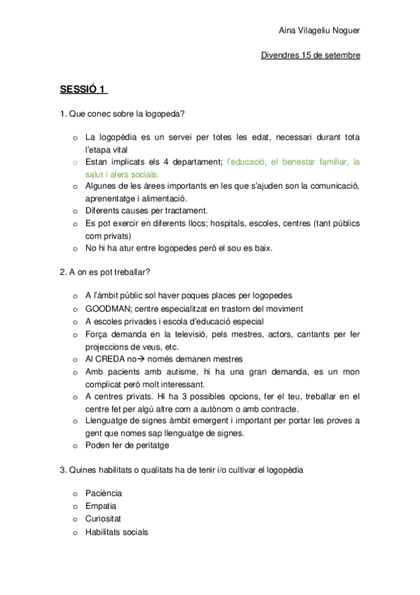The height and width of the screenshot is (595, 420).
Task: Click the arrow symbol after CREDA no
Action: [140, 359]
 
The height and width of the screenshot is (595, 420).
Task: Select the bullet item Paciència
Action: [103, 493]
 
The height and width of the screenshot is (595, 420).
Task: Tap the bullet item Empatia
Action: [101, 506]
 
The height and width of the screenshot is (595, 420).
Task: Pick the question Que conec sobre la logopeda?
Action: [127, 114]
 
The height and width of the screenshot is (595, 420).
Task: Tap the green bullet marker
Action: [75, 162]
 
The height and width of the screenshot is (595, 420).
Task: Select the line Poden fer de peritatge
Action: [127, 445]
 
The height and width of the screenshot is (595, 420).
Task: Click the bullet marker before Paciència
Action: [75, 494]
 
